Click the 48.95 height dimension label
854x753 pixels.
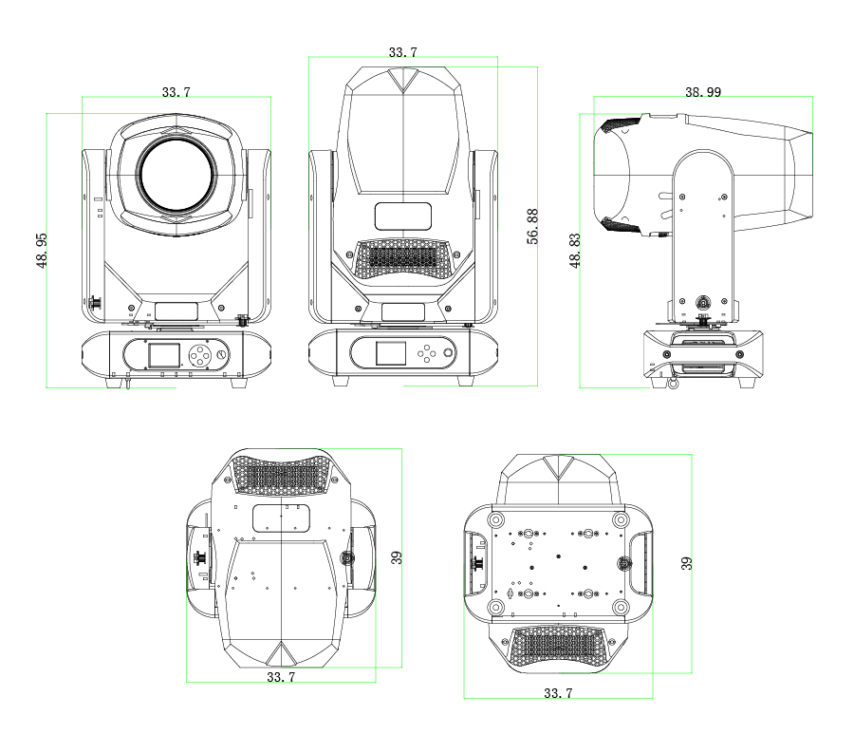[42, 251]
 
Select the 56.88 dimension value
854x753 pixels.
[532, 226]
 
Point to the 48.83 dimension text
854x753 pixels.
[575, 251]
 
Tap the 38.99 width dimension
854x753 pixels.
[702, 92]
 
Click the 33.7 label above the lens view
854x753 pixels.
[176, 92]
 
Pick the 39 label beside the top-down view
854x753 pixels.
[397, 557]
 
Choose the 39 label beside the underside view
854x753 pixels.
[686, 563]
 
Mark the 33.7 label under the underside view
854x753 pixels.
[558, 693]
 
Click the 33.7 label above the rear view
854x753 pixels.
[403, 52]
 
